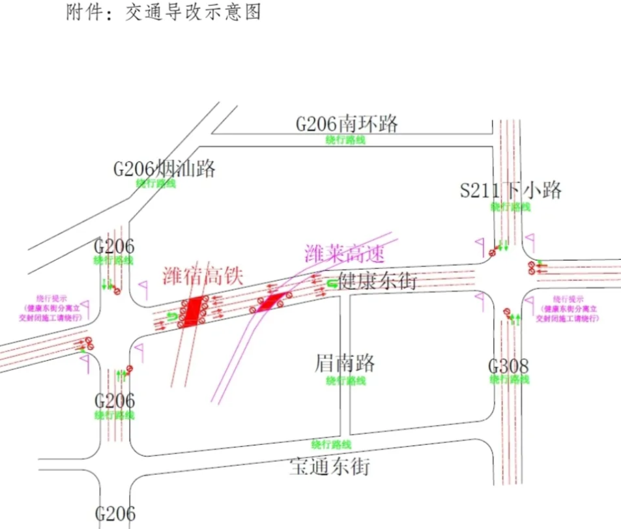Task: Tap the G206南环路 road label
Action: coord(347,123)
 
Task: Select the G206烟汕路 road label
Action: coord(164,169)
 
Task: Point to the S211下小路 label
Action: coord(511,190)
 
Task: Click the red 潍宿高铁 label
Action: coord(203,276)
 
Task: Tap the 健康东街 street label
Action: coord(378,281)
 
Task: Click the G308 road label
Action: coord(508,365)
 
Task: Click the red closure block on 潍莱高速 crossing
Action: coord(272,301)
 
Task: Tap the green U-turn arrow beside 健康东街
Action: coord(332,282)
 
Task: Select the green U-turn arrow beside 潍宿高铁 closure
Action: coord(172,317)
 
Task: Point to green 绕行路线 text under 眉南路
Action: coord(346,380)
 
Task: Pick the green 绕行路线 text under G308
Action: coord(510,379)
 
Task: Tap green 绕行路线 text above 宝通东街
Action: coord(331,445)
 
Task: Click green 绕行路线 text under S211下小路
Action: coord(511,207)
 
